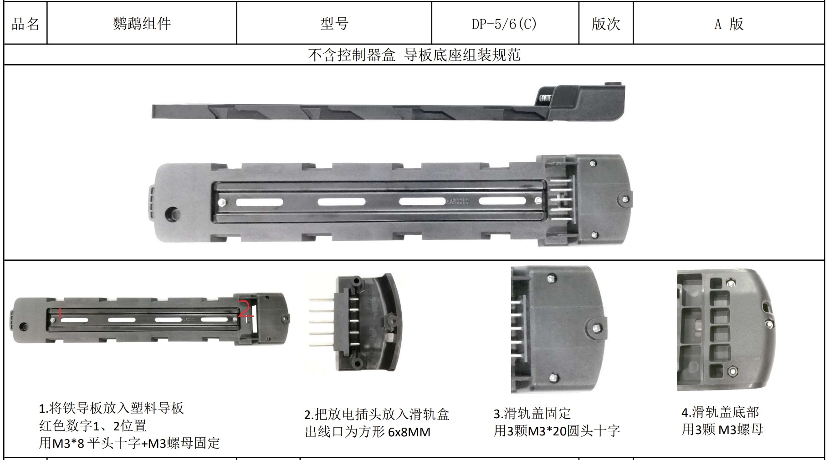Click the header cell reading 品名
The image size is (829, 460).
pyautogui.click(x=26, y=24)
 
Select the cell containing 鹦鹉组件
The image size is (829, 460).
pyautogui.click(x=142, y=24)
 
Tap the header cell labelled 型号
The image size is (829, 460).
pyautogui.click(x=334, y=24)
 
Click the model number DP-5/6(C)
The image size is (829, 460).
pyautogui.click(x=504, y=24)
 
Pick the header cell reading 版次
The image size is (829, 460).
pyautogui.click(x=606, y=24)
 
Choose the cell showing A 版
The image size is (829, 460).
pyautogui.click(x=729, y=24)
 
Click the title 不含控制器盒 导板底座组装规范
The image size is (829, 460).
pyautogui.click(x=414, y=55)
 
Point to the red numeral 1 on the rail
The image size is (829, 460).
pyautogui.click(x=60, y=313)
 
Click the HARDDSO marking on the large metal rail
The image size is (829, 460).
pyautogui.click(x=457, y=201)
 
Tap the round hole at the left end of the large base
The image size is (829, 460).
pyautogui.click(x=173, y=213)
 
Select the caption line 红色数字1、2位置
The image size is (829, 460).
pyautogui.click(x=93, y=426)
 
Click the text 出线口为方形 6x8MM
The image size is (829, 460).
pyautogui.click(x=368, y=431)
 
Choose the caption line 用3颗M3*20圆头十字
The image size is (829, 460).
pyautogui.click(x=557, y=430)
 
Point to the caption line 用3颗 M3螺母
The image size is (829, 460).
pyautogui.click(x=722, y=429)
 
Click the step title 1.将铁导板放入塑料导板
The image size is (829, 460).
pyautogui.click(x=111, y=408)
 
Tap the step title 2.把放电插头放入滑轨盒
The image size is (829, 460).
pyautogui.click(x=377, y=414)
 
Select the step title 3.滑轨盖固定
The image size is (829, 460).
pyautogui.click(x=532, y=413)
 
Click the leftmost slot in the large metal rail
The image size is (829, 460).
pyautogui.click(x=259, y=202)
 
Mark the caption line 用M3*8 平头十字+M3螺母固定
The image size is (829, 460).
pyautogui.click(x=129, y=443)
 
